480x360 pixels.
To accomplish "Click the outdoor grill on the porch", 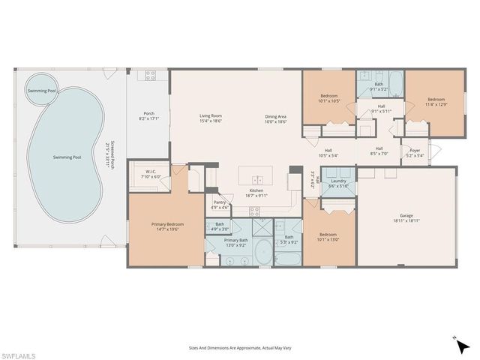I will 149,75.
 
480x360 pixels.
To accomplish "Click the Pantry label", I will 220,202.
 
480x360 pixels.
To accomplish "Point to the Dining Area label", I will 275,116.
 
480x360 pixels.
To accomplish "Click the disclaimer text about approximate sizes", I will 240,347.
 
